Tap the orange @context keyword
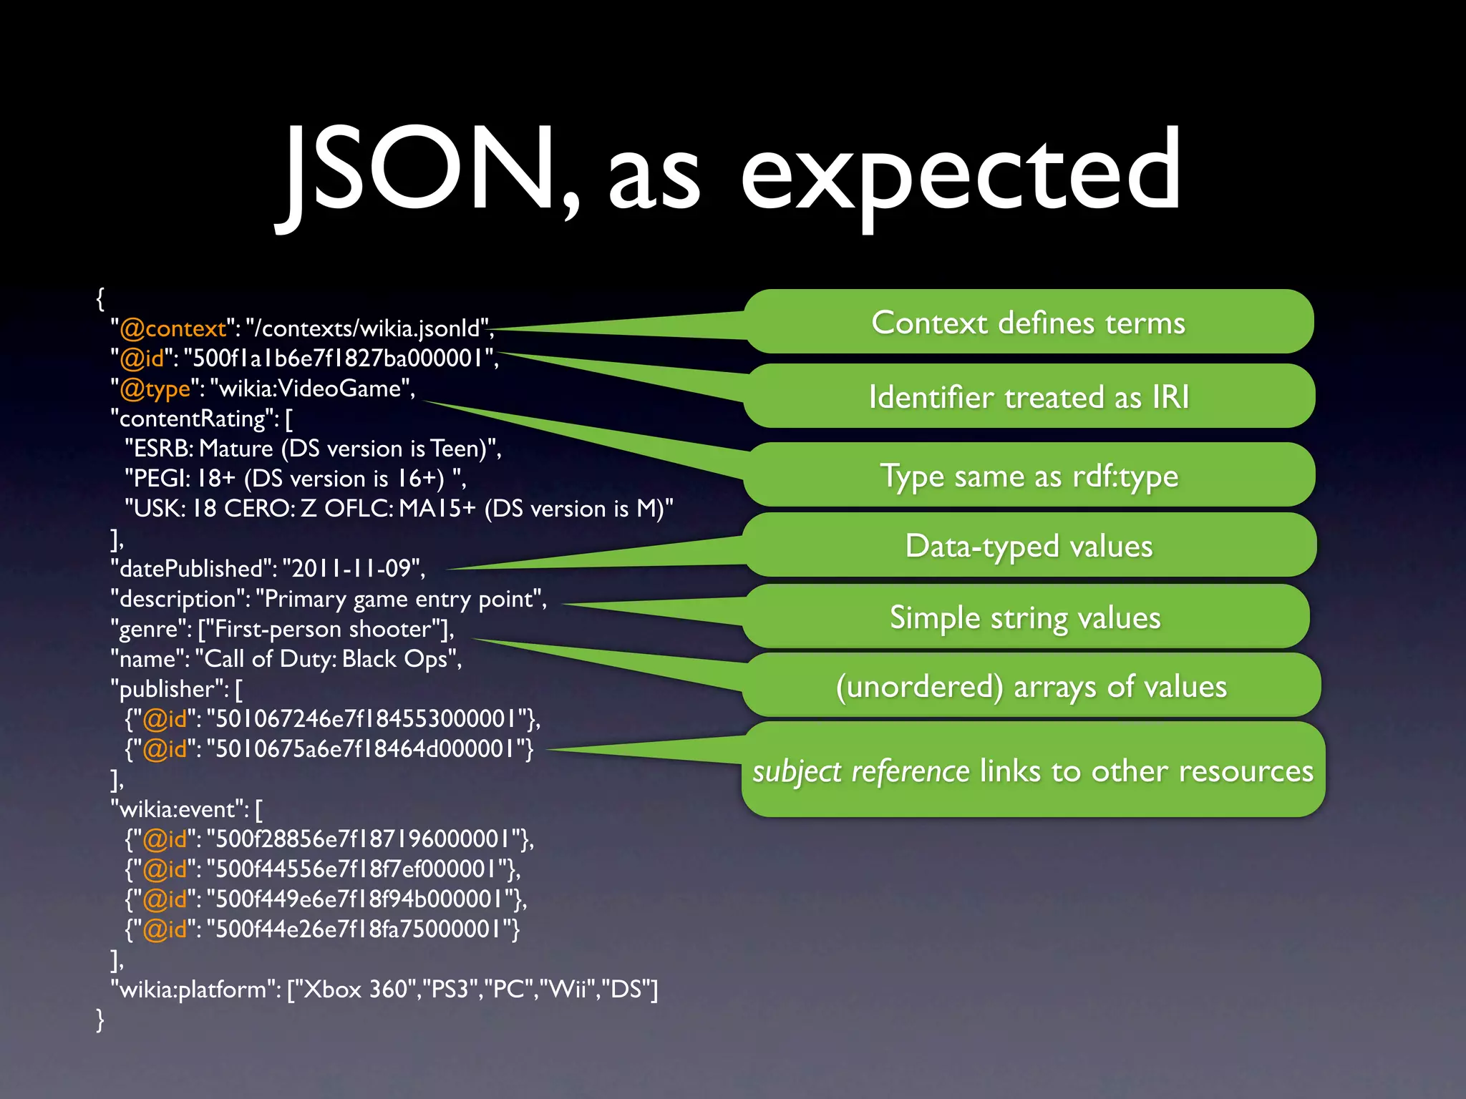[x=173, y=328]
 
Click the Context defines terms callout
[x=1028, y=323]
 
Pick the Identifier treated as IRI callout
[x=1029, y=397]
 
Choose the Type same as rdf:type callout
[x=1029, y=476]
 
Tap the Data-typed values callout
[x=1029, y=546]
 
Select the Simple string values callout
[x=1025, y=617]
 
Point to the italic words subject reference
[x=860, y=771]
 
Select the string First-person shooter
[x=324, y=629]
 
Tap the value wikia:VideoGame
[x=309, y=389]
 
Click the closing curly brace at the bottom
[x=100, y=1020]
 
